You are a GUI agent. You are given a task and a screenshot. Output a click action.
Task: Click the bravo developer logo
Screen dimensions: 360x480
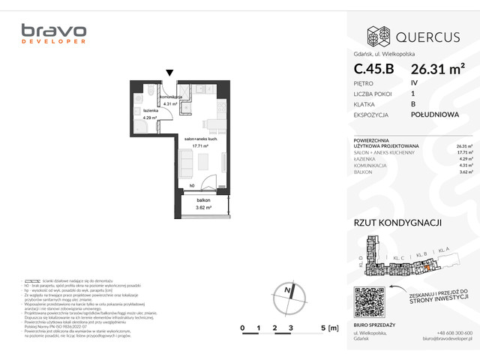[x=53, y=33]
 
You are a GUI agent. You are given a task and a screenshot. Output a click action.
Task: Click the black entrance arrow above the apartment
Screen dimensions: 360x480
[x=170, y=73]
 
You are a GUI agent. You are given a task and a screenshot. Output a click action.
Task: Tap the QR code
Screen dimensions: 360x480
[x=368, y=302]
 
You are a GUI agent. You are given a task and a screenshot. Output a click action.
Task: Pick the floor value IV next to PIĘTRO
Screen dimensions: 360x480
[x=414, y=82]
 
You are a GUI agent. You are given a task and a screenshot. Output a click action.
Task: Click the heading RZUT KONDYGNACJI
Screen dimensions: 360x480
[x=397, y=223]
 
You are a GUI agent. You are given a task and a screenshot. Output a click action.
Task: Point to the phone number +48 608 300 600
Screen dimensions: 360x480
[x=454, y=332]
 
